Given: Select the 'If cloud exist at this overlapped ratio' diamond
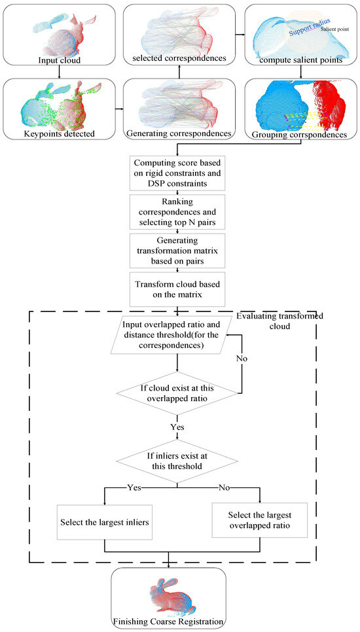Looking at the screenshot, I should pos(179,393).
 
